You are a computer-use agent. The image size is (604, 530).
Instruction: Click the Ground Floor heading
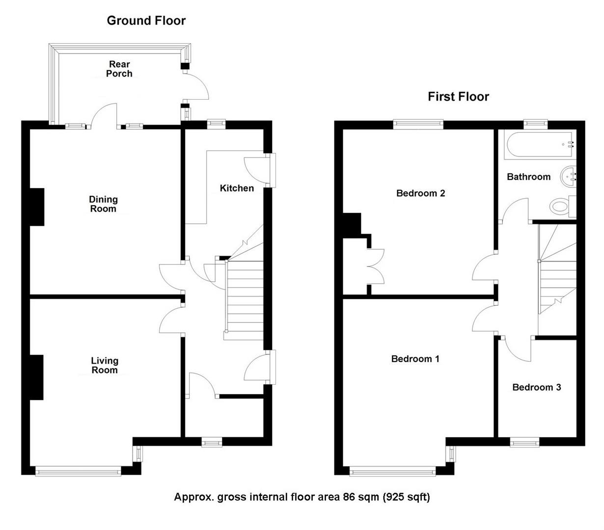(146, 21)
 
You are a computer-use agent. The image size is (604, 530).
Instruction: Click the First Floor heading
(458, 97)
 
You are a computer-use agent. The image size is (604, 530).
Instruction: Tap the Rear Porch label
(119, 69)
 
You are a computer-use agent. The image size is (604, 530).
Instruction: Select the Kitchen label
(237, 188)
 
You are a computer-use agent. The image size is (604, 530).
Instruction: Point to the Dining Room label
(103, 204)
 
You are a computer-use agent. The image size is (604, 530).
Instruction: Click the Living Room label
(105, 366)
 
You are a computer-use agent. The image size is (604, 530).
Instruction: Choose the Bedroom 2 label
(420, 193)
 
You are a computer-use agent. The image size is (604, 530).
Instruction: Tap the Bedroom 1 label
(415, 359)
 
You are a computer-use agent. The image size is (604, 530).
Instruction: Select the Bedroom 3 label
(536, 388)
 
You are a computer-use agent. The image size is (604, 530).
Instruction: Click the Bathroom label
(528, 177)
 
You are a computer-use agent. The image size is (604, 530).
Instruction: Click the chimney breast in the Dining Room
(37, 207)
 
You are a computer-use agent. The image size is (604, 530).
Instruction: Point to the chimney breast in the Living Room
(37, 377)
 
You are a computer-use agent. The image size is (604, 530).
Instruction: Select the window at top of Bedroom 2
(418, 124)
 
